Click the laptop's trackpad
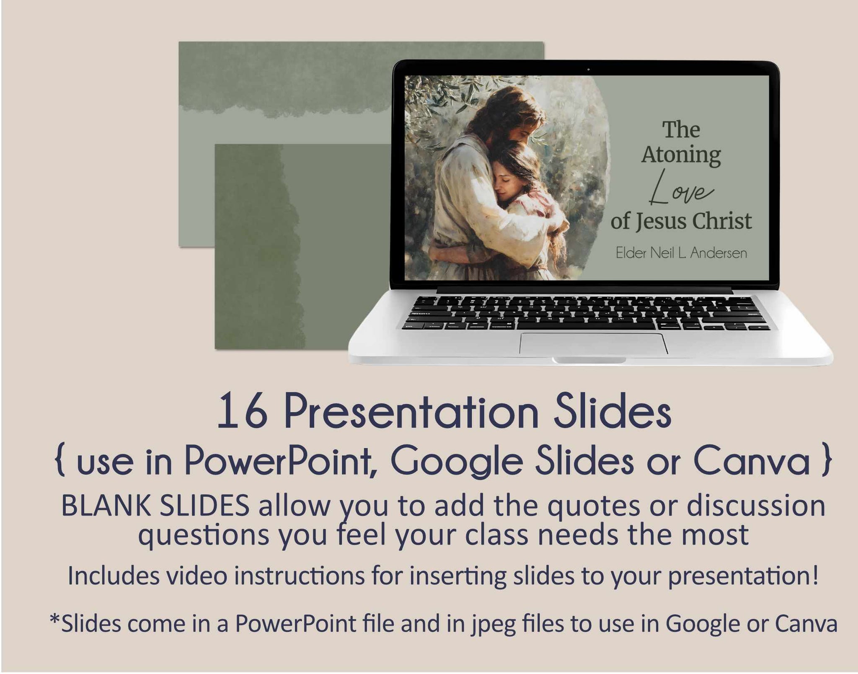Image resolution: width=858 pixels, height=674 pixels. click(594, 344)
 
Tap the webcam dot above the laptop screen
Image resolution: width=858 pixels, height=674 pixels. click(588, 69)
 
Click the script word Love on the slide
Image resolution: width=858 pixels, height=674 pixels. click(681, 188)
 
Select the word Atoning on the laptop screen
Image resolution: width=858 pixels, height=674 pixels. click(681, 155)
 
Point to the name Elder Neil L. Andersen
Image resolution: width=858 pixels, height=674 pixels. click(681, 253)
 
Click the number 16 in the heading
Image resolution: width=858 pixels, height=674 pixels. click(242, 412)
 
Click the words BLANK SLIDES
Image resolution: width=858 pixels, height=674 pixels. click(155, 506)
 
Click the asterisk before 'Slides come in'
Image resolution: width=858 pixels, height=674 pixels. click(55, 618)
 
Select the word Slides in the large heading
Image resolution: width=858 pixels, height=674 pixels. click(612, 411)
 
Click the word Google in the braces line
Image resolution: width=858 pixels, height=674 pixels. click(457, 462)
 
